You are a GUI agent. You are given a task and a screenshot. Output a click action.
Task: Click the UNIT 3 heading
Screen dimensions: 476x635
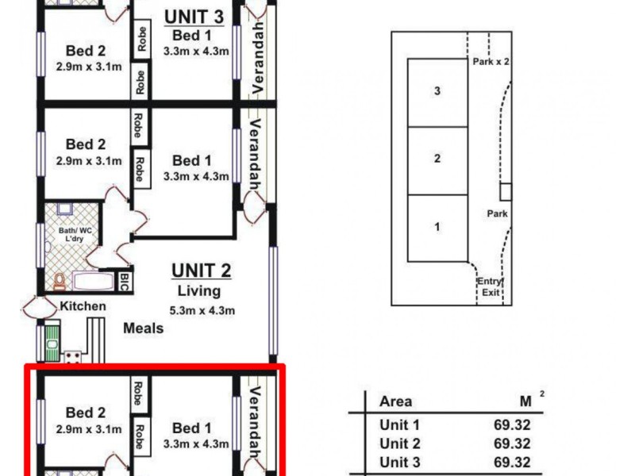pos(193,15)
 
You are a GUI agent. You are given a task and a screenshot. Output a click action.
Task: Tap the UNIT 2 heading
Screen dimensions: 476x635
pos(202,271)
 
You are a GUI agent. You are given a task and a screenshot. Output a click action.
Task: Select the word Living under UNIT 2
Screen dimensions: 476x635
pos(199,291)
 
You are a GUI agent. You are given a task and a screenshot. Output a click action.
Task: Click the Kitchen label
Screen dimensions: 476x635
pos(83,306)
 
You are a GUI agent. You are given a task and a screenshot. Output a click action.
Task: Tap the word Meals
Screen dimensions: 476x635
pos(144,328)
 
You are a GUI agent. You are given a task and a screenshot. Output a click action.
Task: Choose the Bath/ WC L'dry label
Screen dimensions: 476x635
pos(71,236)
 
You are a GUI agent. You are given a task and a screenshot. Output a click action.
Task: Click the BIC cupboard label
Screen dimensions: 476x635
pos(125,281)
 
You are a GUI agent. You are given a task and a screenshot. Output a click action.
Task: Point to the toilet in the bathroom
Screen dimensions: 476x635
pos(60,282)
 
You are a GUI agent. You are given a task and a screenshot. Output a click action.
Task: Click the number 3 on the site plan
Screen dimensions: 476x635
pos(437,91)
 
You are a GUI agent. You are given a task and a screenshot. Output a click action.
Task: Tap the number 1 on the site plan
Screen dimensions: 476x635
pos(437,227)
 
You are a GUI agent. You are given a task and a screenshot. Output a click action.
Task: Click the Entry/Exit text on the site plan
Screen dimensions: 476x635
pos(490,286)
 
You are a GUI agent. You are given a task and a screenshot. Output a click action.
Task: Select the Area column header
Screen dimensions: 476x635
pos(396,401)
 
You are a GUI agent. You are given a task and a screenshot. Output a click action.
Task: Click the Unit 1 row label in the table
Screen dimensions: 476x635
pos(399,424)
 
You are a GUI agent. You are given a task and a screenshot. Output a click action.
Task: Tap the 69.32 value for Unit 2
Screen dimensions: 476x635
pos(511,443)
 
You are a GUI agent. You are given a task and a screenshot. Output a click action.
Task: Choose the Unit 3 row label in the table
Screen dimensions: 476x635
pos(399,463)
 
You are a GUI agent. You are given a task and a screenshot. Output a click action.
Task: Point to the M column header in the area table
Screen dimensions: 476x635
pos(525,401)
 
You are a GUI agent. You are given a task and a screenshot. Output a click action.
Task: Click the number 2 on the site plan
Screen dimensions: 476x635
pos(437,159)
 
